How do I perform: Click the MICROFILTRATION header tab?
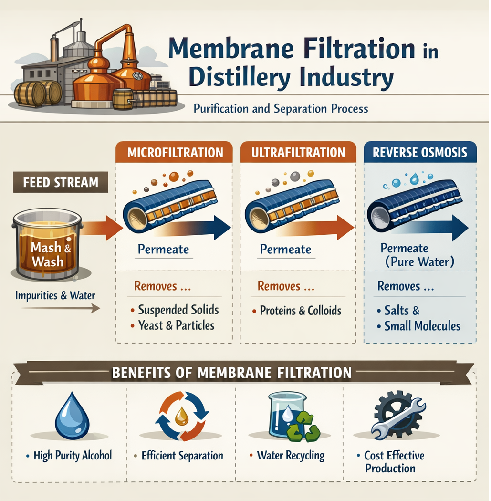[x=175, y=153]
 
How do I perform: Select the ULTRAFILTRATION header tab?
[x=298, y=153]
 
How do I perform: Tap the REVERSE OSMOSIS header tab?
[x=419, y=153]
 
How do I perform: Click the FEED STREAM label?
[x=61, y=182]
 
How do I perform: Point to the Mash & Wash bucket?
[x=47, y=244]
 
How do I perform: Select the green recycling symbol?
[x=303, y=426]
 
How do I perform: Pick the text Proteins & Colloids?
[x=301, y=311]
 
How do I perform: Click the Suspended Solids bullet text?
[x=178, y=310]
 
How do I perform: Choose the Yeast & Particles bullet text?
[x=176, y=325]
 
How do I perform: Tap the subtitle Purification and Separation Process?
[x=281, y=108]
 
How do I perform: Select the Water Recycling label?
[x=291, y=455]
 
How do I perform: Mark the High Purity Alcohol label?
[x=73, y=455]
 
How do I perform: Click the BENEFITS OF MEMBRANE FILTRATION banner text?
[x=232, y=372]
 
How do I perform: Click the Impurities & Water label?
[x=55, y=295]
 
